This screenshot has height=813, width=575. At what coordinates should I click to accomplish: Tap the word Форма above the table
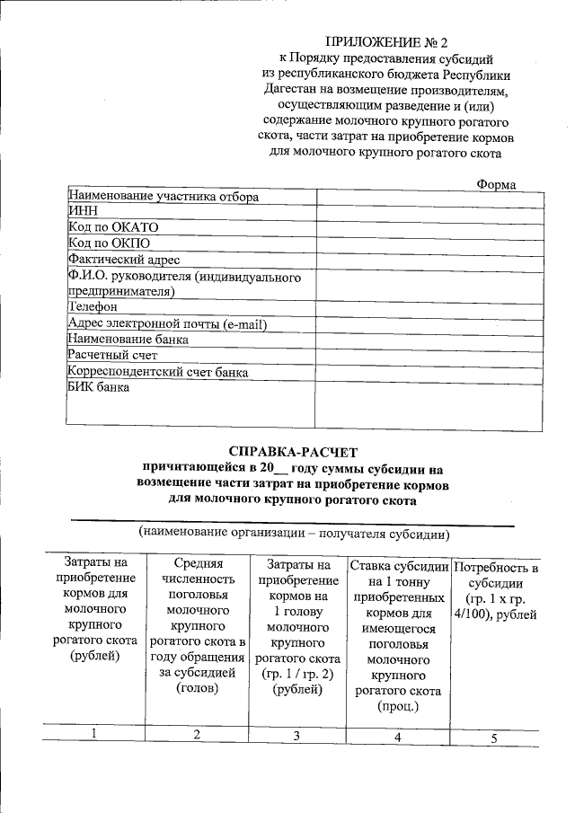[496, 184]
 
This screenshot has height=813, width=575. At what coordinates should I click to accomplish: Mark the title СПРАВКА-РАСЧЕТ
[292, 452]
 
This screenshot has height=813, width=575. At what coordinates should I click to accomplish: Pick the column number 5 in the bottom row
[493, 738]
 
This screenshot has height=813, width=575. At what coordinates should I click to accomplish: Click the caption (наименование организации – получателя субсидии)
[293, 534]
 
